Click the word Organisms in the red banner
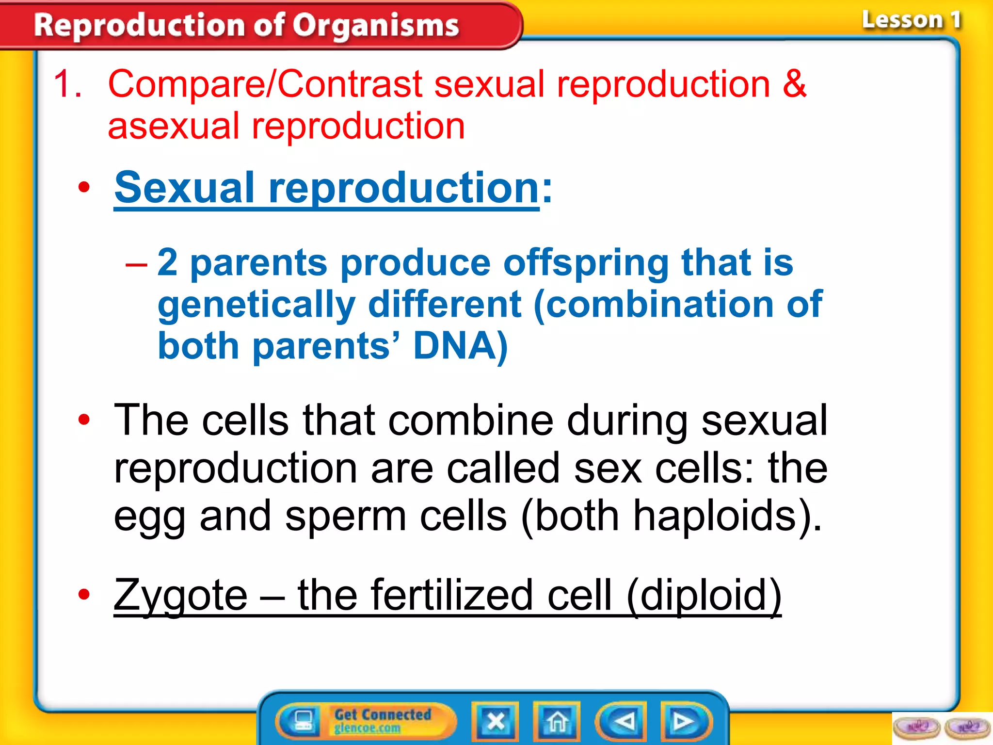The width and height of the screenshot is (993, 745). tap(376, 25)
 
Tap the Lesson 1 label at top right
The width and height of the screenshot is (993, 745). tap(911, 20)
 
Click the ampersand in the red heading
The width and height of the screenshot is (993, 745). tap(794, 84)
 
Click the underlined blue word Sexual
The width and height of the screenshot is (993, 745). tap(184, 188)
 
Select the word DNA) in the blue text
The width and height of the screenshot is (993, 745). tap(460, 346)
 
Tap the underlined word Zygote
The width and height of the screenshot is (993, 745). tap(180, 596)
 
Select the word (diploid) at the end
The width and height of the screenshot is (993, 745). tap(704, 596)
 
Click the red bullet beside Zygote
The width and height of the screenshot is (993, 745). tap(84, 594)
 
